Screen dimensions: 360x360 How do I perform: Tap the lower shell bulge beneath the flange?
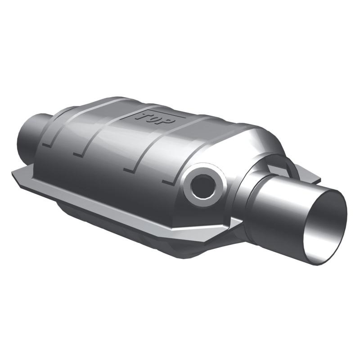click(112, 220)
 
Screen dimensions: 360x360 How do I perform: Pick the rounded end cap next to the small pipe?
click(49, 130)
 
